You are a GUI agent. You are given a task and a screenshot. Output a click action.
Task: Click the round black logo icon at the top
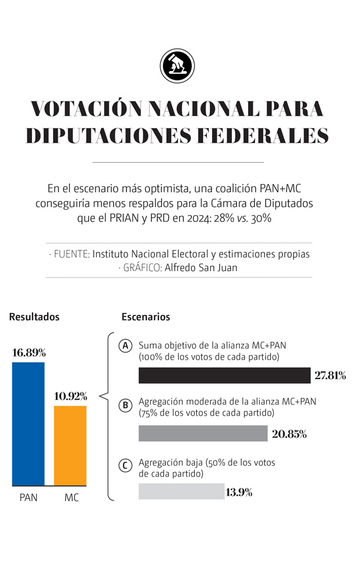[177, 66]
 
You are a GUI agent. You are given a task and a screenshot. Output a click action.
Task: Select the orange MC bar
[70, 445]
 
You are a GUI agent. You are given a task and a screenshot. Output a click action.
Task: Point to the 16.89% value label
[29, 353]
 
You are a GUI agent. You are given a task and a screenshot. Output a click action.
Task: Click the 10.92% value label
[70, 396]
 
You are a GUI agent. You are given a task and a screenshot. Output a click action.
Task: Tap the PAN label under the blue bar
[28, 498]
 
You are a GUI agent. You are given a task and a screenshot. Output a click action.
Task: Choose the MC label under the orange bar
[71, 498]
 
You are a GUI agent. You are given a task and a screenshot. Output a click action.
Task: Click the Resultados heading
[34, 317]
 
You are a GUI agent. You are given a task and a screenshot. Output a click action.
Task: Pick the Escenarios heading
[146, 317]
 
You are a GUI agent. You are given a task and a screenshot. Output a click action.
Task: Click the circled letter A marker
[125, 346]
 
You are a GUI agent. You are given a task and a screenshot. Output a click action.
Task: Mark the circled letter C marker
[125, 466]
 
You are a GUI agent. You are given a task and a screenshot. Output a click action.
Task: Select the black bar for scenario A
[224, 375]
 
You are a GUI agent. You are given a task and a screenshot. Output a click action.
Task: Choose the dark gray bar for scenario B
[203, 433]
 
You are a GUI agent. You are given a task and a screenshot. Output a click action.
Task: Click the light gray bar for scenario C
[181, 491]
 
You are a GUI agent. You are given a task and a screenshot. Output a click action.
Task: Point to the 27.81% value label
[330, 375]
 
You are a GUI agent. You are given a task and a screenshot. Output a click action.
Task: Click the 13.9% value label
[239, 492]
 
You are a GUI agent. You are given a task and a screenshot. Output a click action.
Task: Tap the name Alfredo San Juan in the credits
[202, 268]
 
